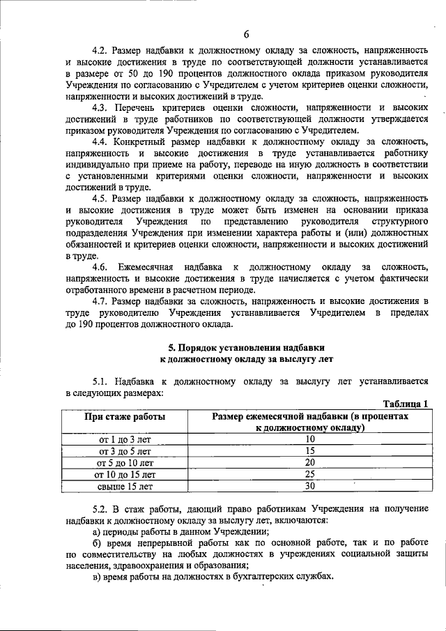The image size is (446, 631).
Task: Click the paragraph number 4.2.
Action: (102, 51)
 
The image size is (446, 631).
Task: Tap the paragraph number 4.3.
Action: (102, 108)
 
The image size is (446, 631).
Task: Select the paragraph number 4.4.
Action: (102, 142)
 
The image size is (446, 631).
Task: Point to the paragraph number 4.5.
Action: (102, 199)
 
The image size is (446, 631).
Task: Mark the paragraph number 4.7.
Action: (102, 301)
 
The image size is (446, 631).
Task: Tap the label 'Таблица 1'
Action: (406, 404)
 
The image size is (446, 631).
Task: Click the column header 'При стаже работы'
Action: (125, 416)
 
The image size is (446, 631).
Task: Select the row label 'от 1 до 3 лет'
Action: (125, 439)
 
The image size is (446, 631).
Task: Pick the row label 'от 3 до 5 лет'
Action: (125, 451)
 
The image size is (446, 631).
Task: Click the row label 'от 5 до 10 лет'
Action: (125, 463)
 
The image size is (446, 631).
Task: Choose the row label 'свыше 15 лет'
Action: (125, 487)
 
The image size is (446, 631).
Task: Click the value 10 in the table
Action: (310, 439)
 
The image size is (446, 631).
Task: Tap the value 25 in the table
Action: (310, 475)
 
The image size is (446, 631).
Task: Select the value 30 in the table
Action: (310, 487)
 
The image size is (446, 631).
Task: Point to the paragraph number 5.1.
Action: (102, 381)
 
